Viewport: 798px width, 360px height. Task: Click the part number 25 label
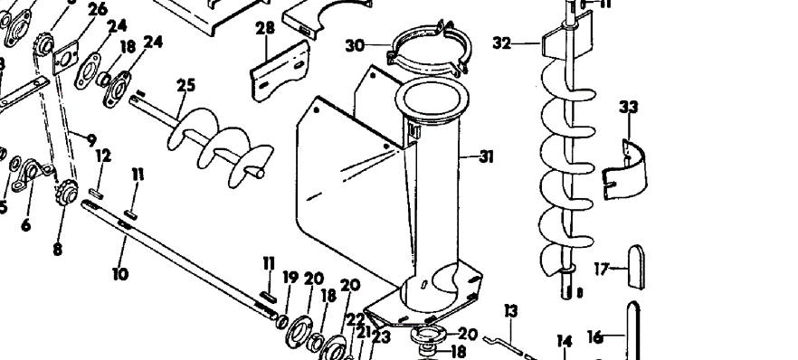(185, 85)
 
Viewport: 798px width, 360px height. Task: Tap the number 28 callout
(264, 29)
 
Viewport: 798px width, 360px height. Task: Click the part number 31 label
(486, 157)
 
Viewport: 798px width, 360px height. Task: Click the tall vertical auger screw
(565, 172)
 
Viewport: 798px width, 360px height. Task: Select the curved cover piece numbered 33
(630, 164)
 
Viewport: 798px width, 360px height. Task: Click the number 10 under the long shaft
(120, 271)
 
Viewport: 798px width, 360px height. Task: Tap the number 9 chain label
(90, 140)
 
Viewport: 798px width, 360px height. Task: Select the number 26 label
(97, 10)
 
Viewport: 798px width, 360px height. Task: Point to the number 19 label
(290, 278)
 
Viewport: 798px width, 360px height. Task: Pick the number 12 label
(103, 156)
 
